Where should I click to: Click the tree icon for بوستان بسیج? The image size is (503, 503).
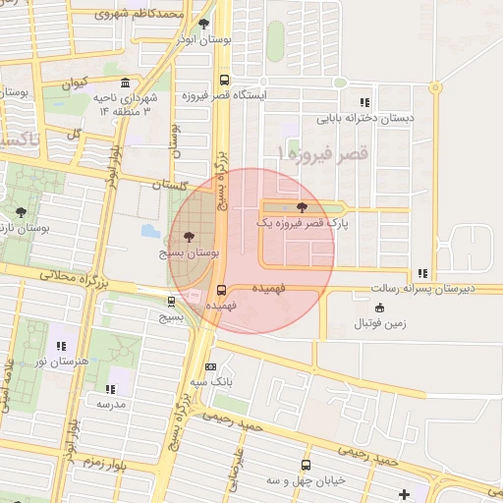(x=189, y=237)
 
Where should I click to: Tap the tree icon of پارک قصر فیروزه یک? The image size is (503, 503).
(x=301, y=207)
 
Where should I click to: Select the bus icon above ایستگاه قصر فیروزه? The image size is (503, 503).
(x=225, y=82)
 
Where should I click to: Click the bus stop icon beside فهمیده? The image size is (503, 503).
(x=220, y=290)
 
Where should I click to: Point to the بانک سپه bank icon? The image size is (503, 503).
(x=209, y=366)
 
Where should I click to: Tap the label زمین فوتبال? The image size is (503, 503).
(x=379, y=323)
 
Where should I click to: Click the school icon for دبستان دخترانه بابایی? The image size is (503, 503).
(x=364, y=101)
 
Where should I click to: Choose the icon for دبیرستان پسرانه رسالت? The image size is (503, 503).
(x=422, y=273)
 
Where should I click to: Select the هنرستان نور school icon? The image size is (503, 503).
(x=61, y=346)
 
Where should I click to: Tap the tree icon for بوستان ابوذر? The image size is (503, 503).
(x=203, y=24)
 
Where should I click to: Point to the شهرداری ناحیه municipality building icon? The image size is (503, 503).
(x=125, y=84)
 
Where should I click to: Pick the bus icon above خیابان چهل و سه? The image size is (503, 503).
(x=306, y=465)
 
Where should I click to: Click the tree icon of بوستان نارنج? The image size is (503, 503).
(x=21, y=212)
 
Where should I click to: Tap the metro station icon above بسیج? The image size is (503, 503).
(x=172, y=302)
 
